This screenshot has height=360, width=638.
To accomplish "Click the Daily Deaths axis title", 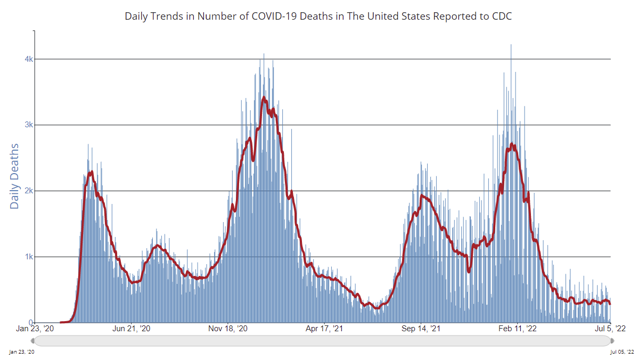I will [14, 176].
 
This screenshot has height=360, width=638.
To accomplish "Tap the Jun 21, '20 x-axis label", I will [132, 329].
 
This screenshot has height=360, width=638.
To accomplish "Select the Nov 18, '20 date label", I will [228, 329].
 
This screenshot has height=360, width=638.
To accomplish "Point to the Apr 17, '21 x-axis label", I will [325, 329].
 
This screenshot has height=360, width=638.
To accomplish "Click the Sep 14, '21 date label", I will [421, 329].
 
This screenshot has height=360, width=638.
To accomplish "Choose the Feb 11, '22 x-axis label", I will [517, 329].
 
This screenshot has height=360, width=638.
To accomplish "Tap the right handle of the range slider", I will [611, 340].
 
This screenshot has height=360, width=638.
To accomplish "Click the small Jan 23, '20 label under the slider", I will [23, 352].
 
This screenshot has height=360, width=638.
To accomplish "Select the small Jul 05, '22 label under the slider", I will [623, 352].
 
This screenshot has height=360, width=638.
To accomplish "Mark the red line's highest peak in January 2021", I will [264, 97].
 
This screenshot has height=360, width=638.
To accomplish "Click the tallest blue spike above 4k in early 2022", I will [511, 45].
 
